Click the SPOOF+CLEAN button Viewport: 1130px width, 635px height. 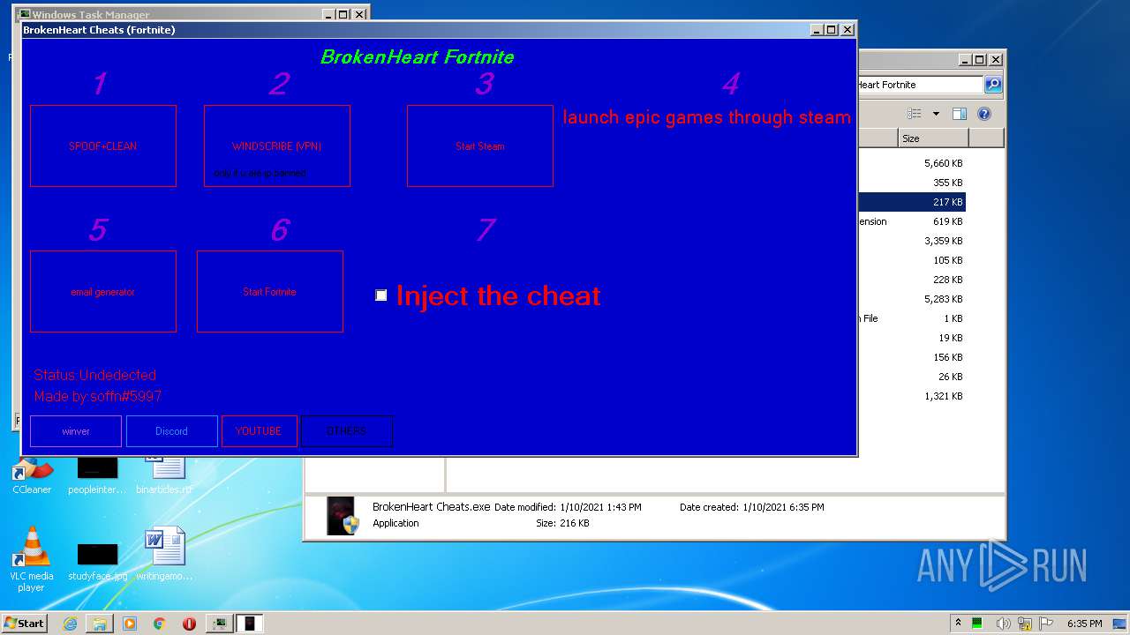pyautogui.click(x=102, y=146)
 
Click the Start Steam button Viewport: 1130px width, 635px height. pyautogui.click(x=479, y=146)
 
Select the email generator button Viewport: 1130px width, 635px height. pyautogui.click(x=102, y=292)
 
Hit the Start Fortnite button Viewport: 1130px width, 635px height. pyautogui.click(x=269, y=292)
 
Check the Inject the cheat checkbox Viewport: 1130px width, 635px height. pyautogui.click(x=381, y=295)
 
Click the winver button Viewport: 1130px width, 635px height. pyautogui.click(x=76, y=431)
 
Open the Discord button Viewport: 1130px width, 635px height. pyautogui.click(x=171, y=431)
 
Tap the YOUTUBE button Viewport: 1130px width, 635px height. pyautogui.click(x=259, y=431)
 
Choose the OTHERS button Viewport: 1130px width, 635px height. pyautogui.click(x=346, y=431)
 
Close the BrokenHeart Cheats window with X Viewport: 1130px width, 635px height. pyautogui.click(x=847, y=30)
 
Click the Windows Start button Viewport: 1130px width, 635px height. pyautogui.click(x=24, y=624)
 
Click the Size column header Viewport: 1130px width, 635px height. pyautogui.click(x=932, y=138)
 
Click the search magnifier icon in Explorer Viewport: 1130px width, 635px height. pyautogui.click(x=993, y=85)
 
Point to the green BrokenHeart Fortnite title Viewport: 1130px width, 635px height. pyautogui.click(x=417, y=57)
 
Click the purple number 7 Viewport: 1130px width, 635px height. pyautogui.click(x=485, y=230)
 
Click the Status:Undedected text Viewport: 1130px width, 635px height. pyautogui.click(x=95, y=375)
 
